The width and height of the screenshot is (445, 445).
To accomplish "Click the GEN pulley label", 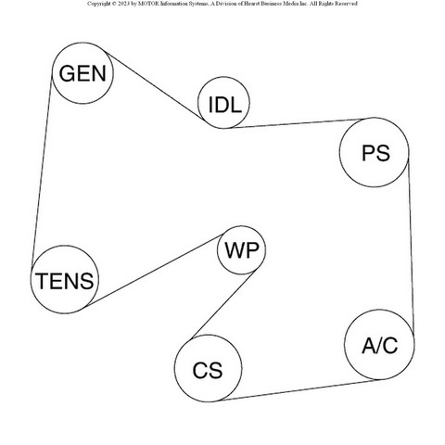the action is [x=83, y=73].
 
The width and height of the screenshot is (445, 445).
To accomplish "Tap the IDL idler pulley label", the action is [x=224, y=105].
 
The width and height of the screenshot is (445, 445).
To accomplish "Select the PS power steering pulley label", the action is [x=375, y=153].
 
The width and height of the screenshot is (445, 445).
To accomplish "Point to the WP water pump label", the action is [x=241, y=250].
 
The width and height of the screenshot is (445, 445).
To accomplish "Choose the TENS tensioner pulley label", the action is [x=65, y=281].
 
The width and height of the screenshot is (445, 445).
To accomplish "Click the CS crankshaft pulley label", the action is [x=208, y=371].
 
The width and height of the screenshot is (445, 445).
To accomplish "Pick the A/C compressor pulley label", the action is [x=380, y=345].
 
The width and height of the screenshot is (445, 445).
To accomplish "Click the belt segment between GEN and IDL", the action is [x=154, y=85].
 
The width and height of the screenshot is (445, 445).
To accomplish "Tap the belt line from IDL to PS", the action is [x=299, y=123].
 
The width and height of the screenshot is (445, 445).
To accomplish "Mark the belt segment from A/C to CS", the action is [x=299, y=390].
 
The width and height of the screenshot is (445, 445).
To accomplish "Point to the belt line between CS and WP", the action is [x=222, y=305].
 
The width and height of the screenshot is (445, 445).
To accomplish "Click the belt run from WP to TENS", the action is [x=154, y=271].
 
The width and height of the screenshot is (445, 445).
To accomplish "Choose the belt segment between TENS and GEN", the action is [x=42, y=169].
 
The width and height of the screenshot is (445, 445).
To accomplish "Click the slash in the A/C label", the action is [x=380, y=345].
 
